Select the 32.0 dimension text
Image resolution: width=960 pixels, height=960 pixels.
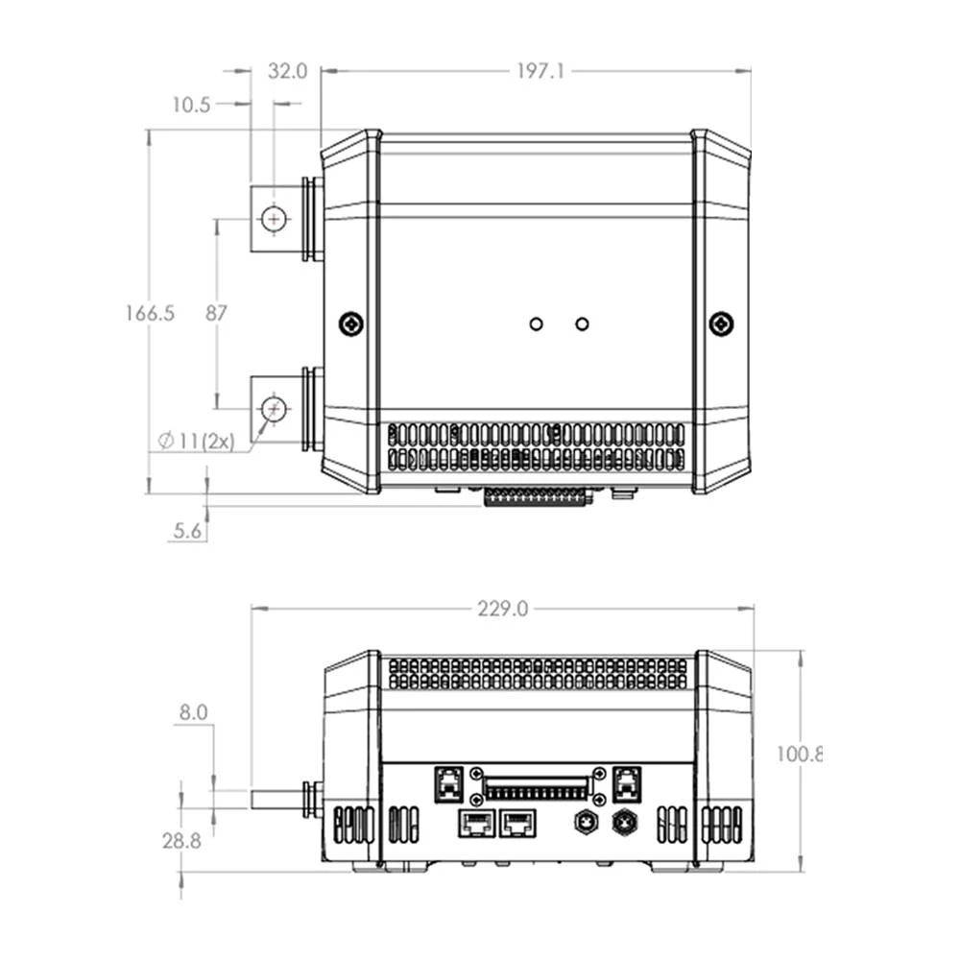point(287,71)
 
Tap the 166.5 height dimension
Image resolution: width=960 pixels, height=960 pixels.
point(150,313)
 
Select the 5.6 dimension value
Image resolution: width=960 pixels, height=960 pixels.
point(187,530)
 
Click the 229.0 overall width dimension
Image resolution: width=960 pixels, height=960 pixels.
point(502,610)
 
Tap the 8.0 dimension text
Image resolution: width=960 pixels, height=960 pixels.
point(192,712)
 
